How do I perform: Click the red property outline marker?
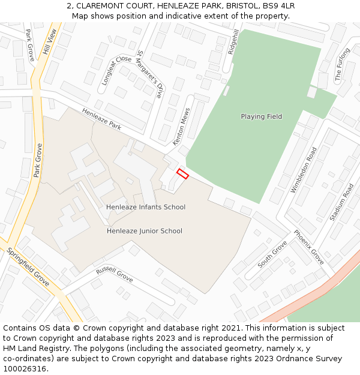182,174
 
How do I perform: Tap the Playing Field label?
261,116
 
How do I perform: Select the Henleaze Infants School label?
146,207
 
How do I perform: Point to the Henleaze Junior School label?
145,231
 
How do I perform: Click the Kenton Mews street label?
181,127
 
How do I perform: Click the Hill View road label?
49,43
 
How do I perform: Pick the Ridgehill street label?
234,42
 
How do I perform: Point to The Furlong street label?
342,65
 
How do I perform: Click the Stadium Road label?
341,202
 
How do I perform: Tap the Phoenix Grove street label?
308,247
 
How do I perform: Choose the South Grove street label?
272,255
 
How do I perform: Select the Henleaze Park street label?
101,119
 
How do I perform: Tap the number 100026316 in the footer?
25,369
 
